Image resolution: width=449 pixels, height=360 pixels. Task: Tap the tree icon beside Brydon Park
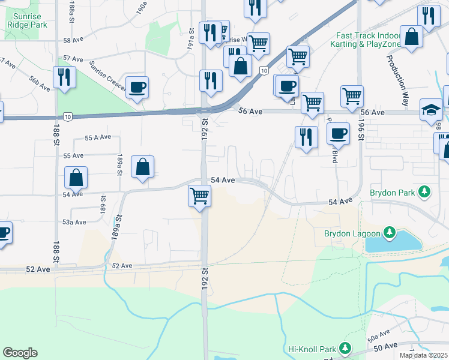click(x=424, y=192)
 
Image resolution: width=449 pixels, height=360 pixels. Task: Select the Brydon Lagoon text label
click(x=353, y=233)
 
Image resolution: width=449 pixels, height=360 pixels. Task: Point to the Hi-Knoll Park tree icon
click(x=345, y=348)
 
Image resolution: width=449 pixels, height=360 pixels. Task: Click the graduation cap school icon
click(x=431, y=110)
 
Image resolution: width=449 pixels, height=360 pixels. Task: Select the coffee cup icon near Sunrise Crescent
click(x=137, y=88)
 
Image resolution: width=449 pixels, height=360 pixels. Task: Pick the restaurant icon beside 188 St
click(x=64, y=77)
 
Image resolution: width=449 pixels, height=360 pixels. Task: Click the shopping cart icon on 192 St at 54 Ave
click(x=199, y=195)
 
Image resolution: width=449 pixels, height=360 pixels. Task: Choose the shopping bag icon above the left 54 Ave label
click(x=76, y=177)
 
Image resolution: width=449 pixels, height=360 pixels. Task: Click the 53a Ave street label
click(x=75, y=223)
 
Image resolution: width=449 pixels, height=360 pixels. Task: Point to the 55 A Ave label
click(x=98, y=137)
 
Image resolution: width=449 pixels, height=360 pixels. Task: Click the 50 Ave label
click(x=385, y=347)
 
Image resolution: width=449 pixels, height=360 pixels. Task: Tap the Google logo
click(x=20, y=353)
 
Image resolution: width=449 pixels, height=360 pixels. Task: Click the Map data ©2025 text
click(x=423, y=355)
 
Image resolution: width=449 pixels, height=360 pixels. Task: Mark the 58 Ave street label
click(x=73, y=40)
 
